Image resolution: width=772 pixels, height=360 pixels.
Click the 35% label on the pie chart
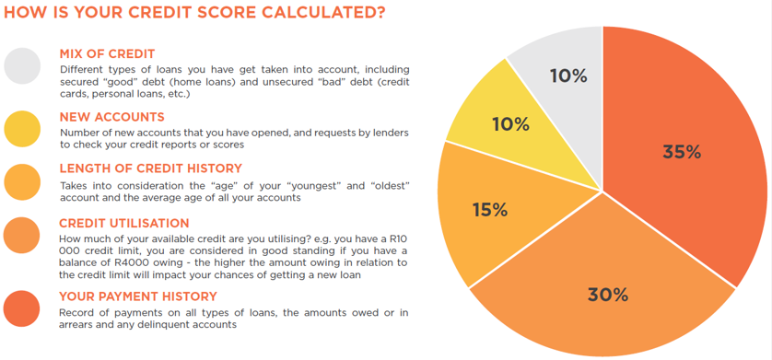coord(682,153)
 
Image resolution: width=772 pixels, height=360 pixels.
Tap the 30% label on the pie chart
coord(607,295)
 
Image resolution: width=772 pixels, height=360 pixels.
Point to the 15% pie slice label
coord(489,210)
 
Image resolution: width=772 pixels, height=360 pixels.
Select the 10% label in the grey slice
coord(568,76)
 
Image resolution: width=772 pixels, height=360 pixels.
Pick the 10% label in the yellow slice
coord(509,123)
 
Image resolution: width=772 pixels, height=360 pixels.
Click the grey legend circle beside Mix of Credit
coord(22,65)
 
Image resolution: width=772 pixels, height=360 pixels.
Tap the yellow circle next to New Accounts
coord(22,128)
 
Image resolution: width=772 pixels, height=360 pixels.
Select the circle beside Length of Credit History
coord(22,180)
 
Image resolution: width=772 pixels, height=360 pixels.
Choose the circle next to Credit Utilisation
coord(22,236)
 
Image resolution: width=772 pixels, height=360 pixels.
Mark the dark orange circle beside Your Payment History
coord(22,308)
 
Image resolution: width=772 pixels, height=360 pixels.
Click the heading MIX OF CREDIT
coord(107,53)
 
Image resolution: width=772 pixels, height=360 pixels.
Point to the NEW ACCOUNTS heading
coord(111,117)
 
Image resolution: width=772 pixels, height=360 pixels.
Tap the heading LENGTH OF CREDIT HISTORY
coord(150,168)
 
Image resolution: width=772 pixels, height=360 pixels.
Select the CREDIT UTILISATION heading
coord(124,223)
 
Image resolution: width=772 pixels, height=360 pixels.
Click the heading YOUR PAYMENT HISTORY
coord(138,296)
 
